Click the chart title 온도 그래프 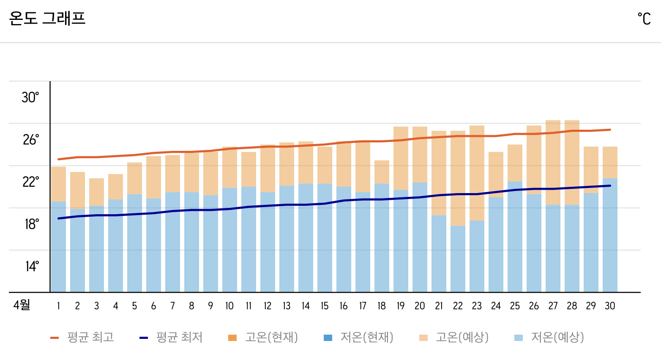point(47,19)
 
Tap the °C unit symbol point(644,19)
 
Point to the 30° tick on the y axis point(30,97)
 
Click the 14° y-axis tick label point(32,266)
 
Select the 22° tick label point(30,182)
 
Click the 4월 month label point(22,305)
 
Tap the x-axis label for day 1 point(58,306)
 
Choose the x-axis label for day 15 point(325,306)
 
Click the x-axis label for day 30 point(610,306)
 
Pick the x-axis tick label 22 point(458,306)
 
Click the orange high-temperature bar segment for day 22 point(458,177)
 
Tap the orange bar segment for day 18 point(382,172)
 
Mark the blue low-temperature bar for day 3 point(96,249)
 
